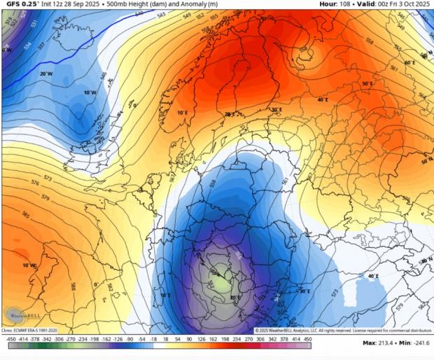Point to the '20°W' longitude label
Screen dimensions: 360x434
[46, 74]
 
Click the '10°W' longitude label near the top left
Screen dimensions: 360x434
[90, 92]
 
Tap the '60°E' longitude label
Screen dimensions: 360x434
[409, 63]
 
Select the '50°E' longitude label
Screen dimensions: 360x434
[367, 84]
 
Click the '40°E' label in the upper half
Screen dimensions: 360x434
[322, 99]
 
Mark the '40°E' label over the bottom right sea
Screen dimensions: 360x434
[373, 276]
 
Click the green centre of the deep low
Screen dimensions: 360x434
[223, 284]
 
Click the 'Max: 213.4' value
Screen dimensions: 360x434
[381, 343]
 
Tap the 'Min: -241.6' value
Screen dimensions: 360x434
[414, 343]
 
